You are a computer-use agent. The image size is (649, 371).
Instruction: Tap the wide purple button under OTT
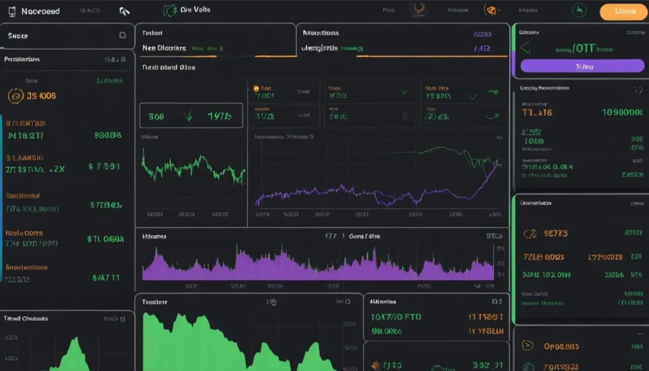581,65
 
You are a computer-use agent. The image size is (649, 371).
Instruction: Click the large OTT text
584,48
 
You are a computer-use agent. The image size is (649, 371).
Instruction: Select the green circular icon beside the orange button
579,10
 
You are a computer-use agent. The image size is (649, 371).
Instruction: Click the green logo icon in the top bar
169,10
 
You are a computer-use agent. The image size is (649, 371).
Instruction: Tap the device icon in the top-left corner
11,11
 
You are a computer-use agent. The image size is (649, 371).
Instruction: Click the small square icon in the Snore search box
122,36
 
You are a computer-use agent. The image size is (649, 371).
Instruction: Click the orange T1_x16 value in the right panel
537,112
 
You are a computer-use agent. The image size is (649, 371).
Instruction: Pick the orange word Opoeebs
561,346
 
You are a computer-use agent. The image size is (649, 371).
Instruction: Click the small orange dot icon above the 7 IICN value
256,89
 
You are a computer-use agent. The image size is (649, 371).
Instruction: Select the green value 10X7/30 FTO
395,316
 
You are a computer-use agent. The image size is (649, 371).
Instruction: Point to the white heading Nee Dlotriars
164,48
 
